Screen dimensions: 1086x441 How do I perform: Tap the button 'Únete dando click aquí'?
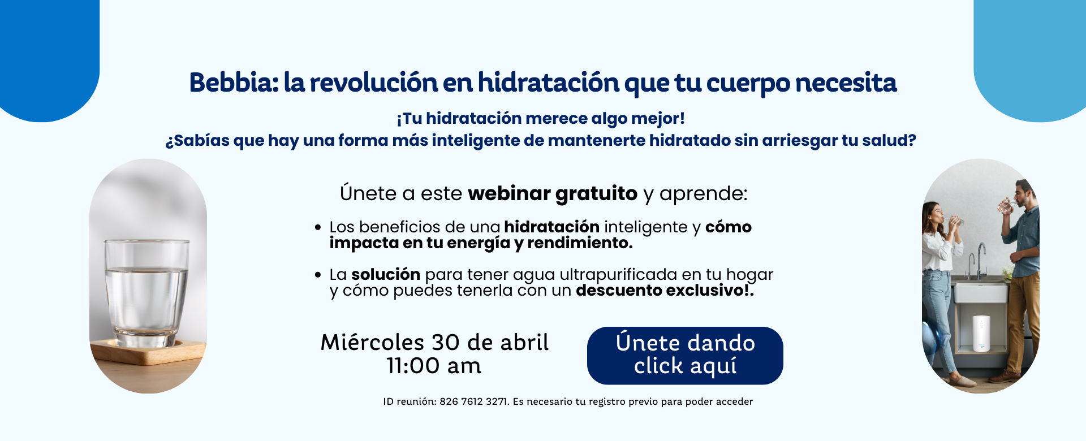[x=685, y=356]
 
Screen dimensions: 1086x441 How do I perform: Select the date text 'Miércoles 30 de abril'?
[x=434, y=343]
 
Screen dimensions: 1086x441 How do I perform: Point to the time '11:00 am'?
[x=434, y=366]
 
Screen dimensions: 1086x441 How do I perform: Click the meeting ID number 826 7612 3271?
[x=473, y=401]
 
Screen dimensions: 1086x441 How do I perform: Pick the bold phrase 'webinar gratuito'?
[x=553, y=194]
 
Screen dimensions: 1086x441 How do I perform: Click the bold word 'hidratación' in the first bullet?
[x=551, y=227]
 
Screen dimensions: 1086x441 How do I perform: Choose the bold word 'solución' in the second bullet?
[x=386, y=274]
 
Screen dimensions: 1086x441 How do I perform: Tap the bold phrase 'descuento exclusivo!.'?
[x=665, y=291]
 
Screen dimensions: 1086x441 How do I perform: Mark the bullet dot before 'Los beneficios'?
[x=318, y=228]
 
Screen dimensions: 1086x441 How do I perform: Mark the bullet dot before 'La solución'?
[x=318, y=275]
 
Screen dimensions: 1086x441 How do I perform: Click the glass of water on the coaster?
[x=146, y=292]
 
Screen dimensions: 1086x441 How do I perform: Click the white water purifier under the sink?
[x=981, y=334]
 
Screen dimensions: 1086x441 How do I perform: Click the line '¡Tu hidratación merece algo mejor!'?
[x=541, y=119]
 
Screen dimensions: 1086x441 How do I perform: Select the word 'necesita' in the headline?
[x=846, y=83]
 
